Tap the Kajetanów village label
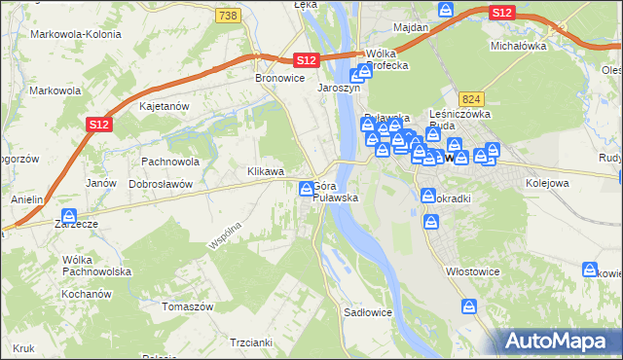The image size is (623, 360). pos(165,105)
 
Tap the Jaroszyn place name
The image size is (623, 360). pos(340,87)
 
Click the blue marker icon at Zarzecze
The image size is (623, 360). pos(69,217)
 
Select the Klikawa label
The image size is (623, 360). pos(266,171)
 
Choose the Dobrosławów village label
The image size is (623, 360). pos(162,183)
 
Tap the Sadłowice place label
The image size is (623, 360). pos(368,313)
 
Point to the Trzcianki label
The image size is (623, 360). pos(250,342)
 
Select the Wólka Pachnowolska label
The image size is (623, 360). pos(96,266)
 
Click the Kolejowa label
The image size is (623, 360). pos(546,182)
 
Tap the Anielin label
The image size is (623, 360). pos(27,199)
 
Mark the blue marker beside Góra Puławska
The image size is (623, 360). pos(307,189)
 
